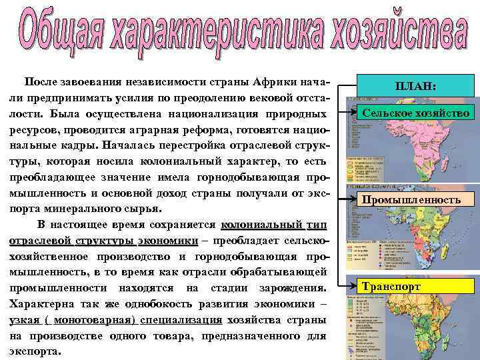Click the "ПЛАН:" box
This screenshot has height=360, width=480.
click(x=415, y=87)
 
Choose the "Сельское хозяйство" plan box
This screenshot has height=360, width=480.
click(x=415, y=113)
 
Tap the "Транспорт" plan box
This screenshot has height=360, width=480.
click(x=392, y=287)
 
